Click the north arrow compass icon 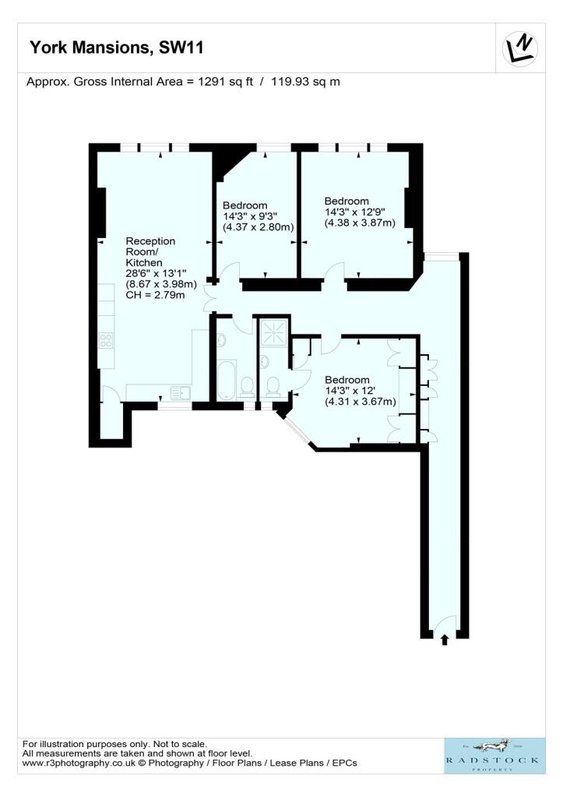[x=520, y=50]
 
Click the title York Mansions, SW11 [x=117, y=48]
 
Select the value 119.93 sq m [x=305, y=81]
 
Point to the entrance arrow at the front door [x=445, y=641]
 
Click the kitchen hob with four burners [x=106, y=340]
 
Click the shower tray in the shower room [x=273, y=332]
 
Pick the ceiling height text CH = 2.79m [x=156, y=295]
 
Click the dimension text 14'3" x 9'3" [x=250, y=216]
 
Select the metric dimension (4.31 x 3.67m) [x=361, y=402]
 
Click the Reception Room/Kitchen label [x=151, y=251]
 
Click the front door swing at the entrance [x=444, y=623]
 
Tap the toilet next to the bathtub [x=248, y=385]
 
